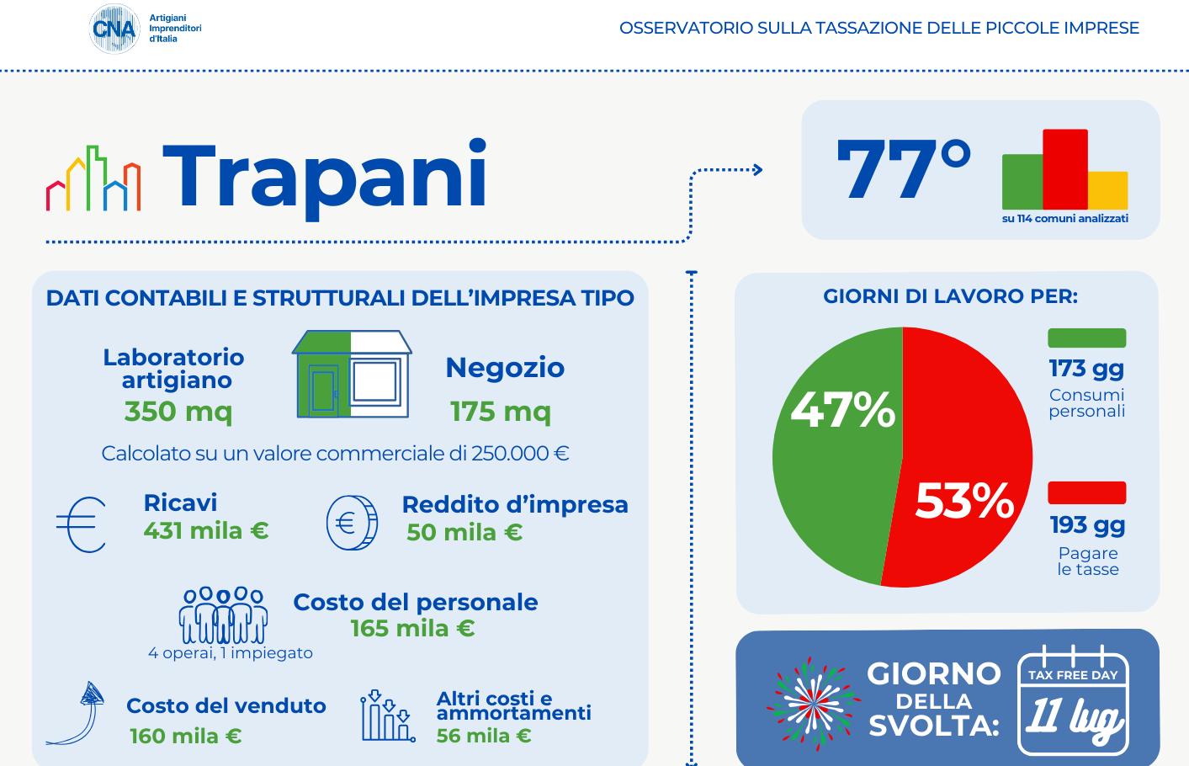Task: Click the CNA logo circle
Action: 114,29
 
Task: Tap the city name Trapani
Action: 325,175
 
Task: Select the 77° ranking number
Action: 903,169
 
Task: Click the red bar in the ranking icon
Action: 1064,168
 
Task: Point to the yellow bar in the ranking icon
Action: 1107,190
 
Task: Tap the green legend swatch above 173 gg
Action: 1086,338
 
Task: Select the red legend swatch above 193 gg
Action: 1086,492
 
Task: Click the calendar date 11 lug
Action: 1074,717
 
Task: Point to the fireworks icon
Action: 813,703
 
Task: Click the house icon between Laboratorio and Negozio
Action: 352,375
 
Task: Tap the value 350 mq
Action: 178,411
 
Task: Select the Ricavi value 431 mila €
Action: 206,530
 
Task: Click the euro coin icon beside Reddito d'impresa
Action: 352,523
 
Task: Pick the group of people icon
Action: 223,615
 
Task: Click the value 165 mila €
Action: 412,628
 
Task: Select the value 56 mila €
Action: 484,736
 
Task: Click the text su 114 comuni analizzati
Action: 1064,219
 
